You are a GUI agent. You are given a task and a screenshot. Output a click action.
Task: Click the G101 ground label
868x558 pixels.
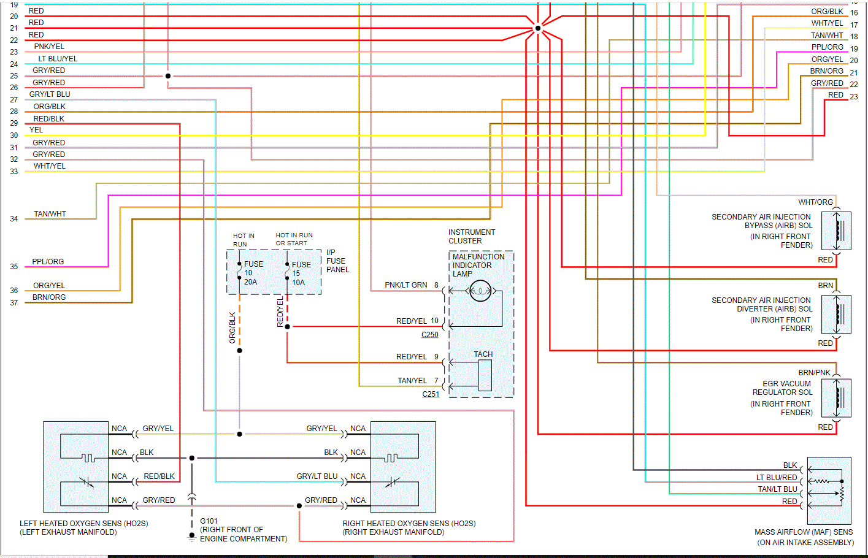point(209,521)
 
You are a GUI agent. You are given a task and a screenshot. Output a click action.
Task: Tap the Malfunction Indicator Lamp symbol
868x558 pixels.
point(480,291)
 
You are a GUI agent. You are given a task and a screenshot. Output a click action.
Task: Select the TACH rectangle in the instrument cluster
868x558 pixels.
point(485,375)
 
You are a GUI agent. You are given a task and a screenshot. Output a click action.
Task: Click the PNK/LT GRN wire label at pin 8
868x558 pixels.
point(405,285)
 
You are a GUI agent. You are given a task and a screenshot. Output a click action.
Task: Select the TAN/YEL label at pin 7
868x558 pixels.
point(412,381)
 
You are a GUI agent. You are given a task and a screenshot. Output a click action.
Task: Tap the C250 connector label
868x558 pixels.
point(429,335)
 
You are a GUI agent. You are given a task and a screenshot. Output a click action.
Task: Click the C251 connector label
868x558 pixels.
point(431,394)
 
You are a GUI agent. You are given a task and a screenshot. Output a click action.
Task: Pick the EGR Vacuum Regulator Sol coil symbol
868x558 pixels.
point(839,397)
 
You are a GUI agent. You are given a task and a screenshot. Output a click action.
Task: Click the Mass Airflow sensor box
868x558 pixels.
point(829,490)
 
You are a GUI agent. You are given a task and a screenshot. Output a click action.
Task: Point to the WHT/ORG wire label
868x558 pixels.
point(815,202)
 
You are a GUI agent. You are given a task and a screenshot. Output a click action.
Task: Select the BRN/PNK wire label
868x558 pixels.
point(814,373)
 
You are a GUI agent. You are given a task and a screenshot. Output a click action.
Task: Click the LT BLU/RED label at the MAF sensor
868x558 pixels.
point(777,478)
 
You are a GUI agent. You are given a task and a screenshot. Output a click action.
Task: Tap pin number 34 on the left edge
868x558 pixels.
point(14,219)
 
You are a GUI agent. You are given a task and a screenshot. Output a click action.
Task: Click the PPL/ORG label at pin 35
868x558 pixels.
point(48,262)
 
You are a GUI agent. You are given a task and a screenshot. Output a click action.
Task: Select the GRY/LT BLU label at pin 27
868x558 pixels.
point(50,94)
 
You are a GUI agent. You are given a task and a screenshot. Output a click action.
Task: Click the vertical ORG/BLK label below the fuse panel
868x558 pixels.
point(232,327)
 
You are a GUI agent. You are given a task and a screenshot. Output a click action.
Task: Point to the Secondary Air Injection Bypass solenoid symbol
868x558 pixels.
point(839,231)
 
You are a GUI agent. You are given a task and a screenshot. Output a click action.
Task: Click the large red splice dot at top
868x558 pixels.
point(538,28)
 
